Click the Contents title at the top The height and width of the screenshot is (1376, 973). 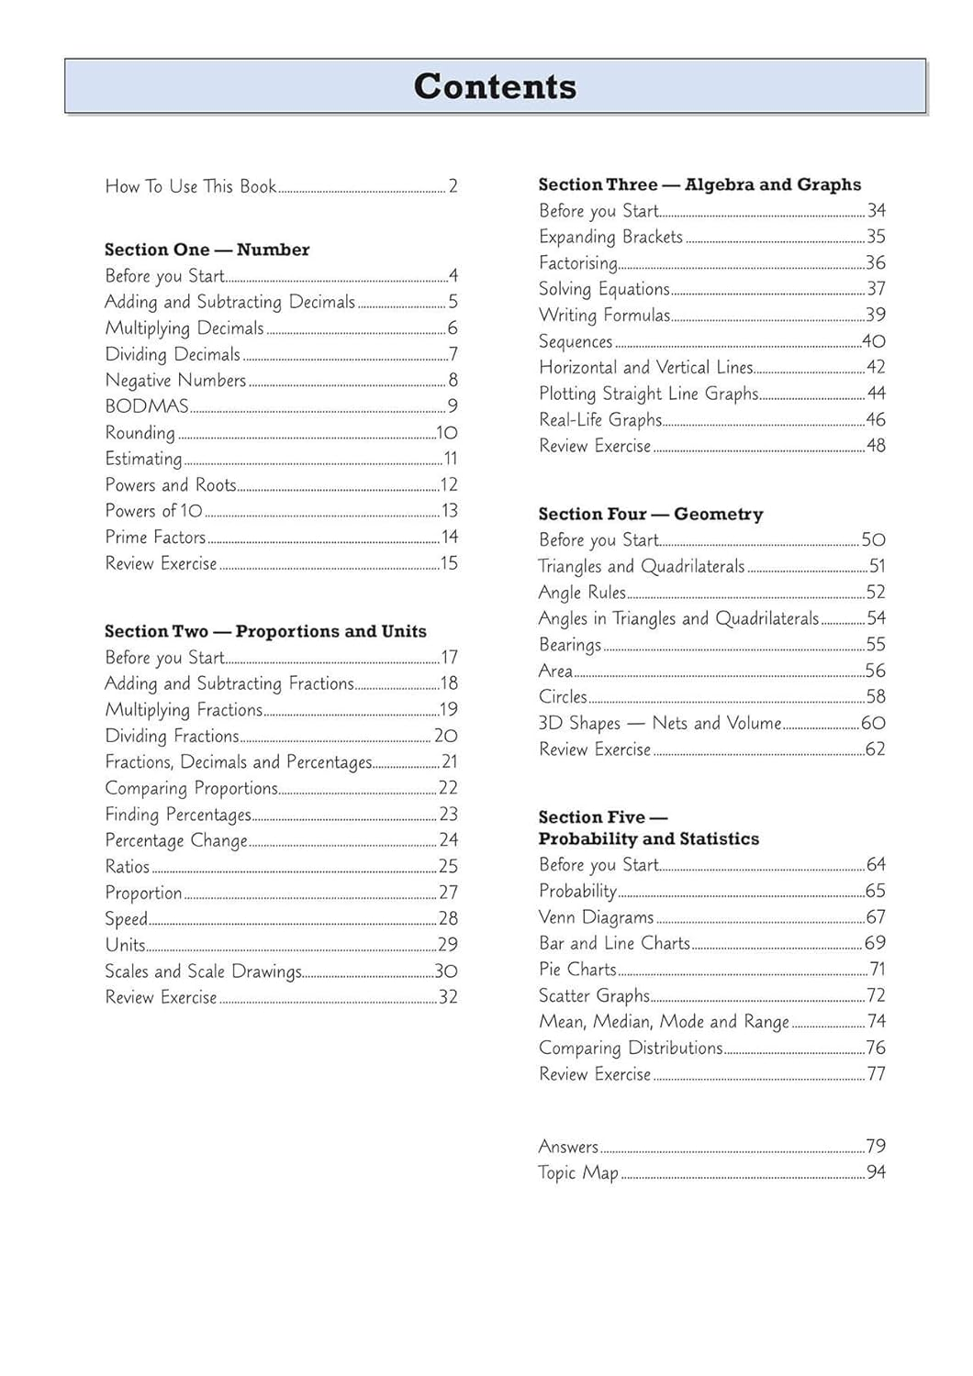[495, 86]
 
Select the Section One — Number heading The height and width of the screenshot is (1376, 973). [207, 250]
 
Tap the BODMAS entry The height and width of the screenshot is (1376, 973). [147, 406]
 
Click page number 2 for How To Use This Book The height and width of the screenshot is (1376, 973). [453, 186]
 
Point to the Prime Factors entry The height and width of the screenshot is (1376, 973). [155, 538]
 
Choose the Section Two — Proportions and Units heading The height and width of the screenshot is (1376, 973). [265, 631]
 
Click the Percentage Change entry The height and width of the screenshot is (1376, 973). [176, 840]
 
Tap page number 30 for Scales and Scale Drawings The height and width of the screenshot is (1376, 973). [446, 971]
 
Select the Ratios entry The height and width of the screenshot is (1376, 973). [128, 867]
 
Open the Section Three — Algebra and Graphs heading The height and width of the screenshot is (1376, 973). [699, 184]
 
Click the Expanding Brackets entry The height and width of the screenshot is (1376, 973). [610, 237]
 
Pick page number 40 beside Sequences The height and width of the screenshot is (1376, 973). [874, 341]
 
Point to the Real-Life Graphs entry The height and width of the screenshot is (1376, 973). [600, 420]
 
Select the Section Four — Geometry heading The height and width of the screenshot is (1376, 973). [650, 514]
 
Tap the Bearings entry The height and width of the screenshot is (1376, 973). [570, 645]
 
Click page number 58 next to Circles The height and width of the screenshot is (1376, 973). [876, 697]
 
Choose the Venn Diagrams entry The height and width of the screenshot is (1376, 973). [596, 917]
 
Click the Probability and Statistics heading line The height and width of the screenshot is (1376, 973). [648, 838]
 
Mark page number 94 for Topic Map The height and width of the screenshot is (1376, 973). [876, 1172]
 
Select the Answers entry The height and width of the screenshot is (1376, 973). [568, 1147]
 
